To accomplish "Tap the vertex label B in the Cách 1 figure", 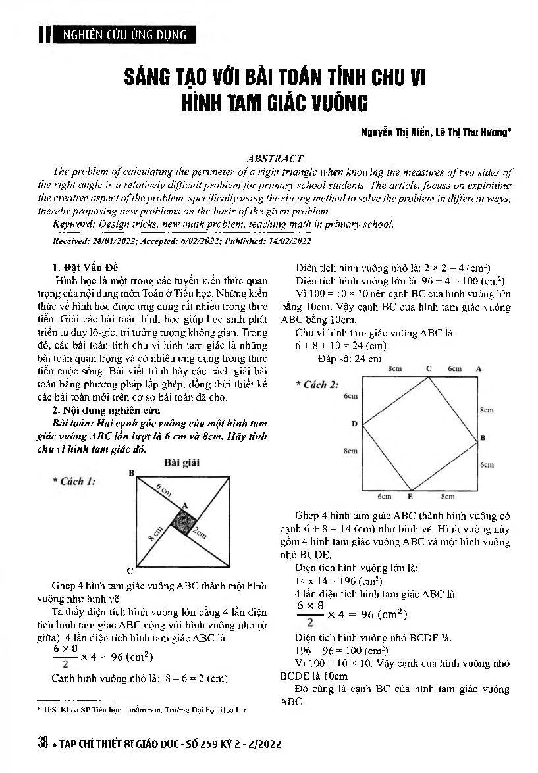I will coord(132,473).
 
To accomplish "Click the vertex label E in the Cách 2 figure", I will coord(410,496).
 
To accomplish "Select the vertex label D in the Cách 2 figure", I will coord(354,424).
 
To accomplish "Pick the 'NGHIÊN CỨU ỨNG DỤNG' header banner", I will coord(124,35).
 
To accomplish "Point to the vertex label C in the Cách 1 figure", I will coord(130,571).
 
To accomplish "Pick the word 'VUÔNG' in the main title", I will coord(332,103).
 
